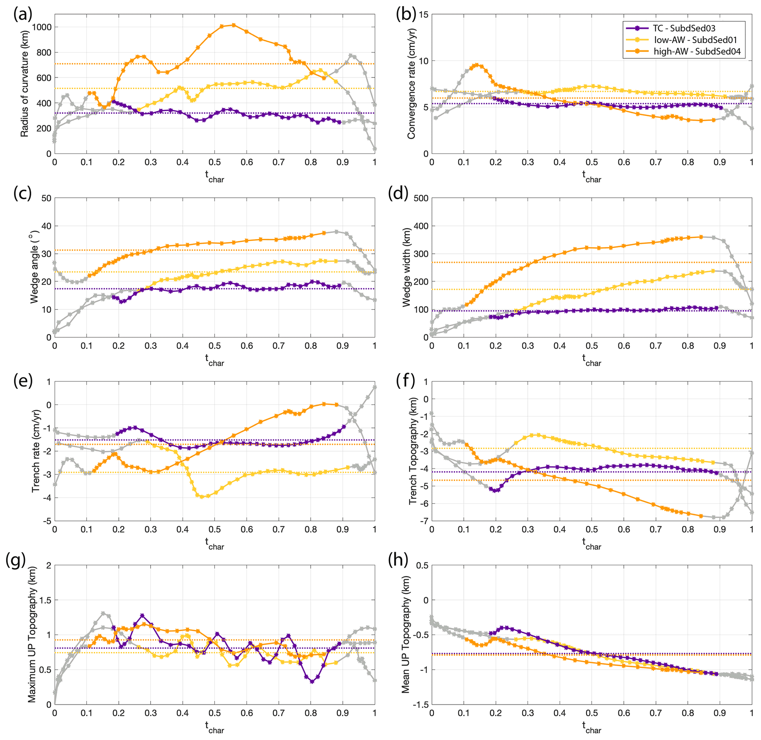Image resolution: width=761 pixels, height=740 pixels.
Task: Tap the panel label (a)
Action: [22, 14]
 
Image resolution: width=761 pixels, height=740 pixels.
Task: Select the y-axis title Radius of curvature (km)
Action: [25, 84]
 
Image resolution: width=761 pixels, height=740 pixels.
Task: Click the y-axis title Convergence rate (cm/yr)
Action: [411, 84]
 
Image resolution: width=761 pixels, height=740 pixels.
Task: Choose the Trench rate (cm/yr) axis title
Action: [36, 451]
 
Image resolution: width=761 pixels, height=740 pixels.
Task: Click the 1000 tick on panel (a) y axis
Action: [42, 27]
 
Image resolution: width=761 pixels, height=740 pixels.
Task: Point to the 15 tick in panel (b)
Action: [423, 15]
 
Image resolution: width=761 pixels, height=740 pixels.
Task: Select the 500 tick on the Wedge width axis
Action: [420, 198]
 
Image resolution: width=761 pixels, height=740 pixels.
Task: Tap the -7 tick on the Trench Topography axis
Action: [424, 521]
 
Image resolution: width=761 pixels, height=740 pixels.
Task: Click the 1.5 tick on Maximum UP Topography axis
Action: [43, 600]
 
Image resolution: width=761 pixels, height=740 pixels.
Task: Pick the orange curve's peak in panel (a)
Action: [233, 25]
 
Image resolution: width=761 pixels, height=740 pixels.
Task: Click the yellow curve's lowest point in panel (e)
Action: [202, 497]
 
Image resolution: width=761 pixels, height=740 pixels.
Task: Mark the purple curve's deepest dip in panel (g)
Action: [312, 682]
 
